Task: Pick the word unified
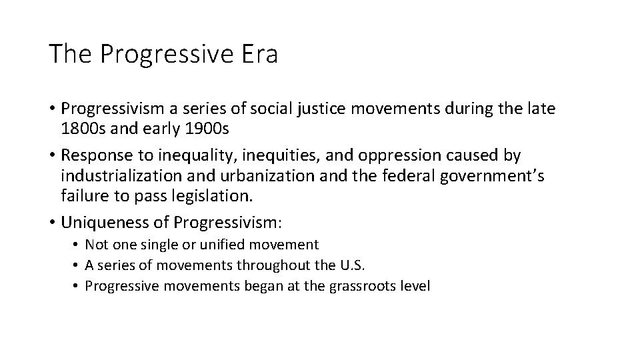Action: click(221, 245)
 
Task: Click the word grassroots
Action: click(367, 286)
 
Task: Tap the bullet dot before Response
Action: click(53, 155)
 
